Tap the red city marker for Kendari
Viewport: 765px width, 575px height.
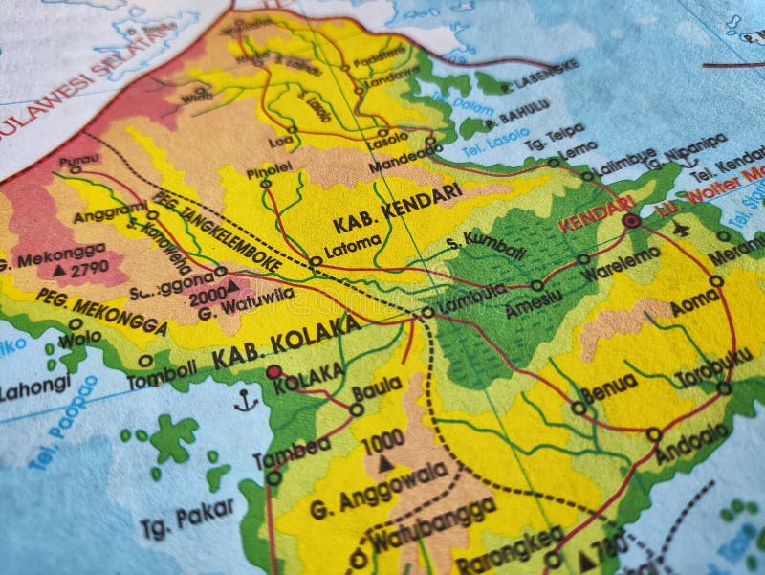coord(631,221)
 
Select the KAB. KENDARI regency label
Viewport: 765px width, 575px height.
coord(398,209)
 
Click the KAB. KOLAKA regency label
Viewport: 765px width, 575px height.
coord(286,341)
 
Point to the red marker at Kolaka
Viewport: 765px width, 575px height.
coord(273,371)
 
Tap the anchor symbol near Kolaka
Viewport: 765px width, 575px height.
coord(247,400)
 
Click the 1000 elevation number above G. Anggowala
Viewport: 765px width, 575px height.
coord(382,443)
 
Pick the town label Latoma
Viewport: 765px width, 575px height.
coord(345,251)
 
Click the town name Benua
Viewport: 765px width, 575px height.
coord(609,386)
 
